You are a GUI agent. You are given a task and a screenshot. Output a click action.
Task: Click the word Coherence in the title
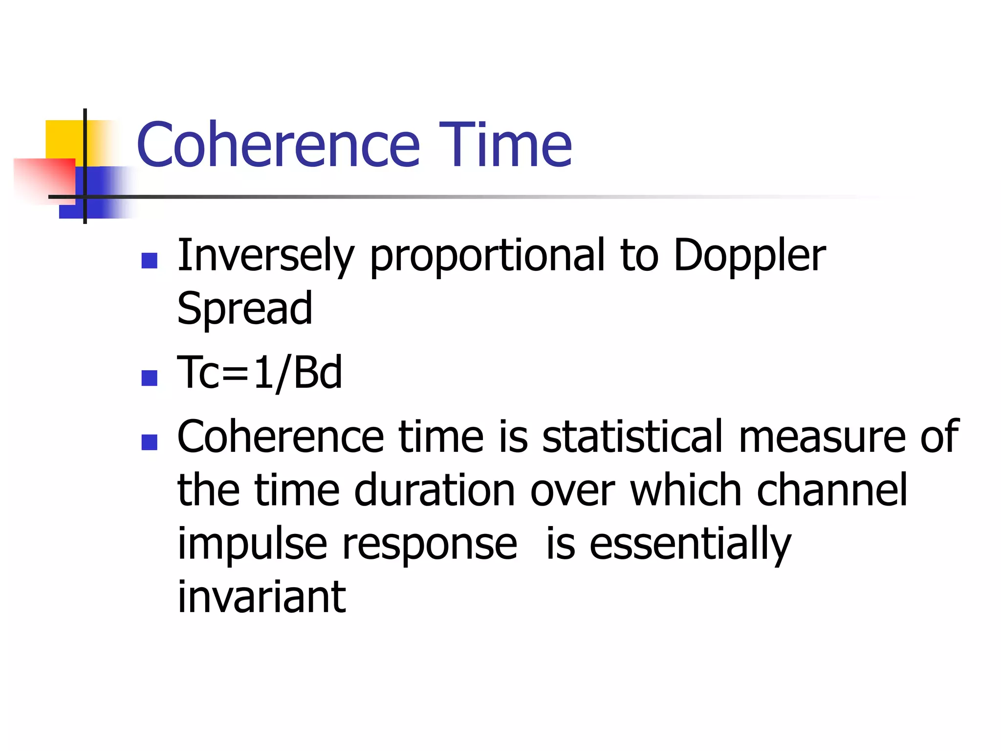[278, 145]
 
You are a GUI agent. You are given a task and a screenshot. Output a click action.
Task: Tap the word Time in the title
[505, 145]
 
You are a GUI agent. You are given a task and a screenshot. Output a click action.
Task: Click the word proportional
[487, 257]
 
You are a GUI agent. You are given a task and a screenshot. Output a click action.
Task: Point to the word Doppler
[749, 257]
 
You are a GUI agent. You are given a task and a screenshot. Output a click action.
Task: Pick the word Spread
[244, 309]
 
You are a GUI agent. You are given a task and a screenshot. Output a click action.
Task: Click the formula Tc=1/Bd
[260, 373]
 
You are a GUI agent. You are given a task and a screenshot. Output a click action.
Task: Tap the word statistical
[632, 436]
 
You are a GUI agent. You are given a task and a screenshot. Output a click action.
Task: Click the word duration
[434, 490]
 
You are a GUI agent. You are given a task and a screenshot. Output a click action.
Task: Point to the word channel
[832, 490]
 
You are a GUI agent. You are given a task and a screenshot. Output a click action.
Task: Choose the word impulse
[252, 545]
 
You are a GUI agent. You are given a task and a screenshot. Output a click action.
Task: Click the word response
[429, 545]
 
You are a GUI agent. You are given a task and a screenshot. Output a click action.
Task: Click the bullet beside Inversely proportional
[149, 261]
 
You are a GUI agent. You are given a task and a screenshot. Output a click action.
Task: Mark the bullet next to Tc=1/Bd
[149, 378]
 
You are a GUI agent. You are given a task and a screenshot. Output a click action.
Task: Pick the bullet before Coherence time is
[149, 442]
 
